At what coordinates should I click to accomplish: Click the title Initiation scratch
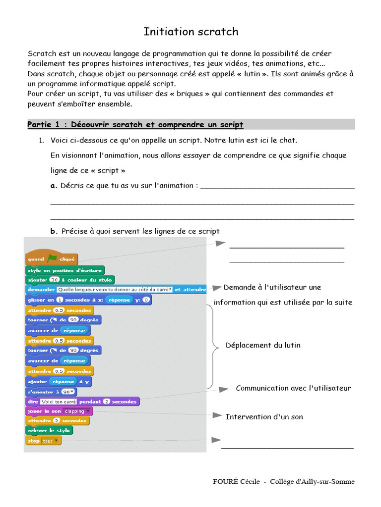[x=190, y=32]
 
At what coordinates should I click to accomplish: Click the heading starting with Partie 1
[x=135, y=124]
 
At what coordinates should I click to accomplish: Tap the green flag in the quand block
[x=52, y=258]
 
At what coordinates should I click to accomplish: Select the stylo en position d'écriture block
[x=64, y=270]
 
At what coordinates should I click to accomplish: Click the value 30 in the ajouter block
[x=54, y=280]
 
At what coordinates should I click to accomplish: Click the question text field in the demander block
[x=114, y=290]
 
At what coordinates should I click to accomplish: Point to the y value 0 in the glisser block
[x=147, y=300]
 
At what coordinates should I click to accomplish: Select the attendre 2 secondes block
[x=58, y=421]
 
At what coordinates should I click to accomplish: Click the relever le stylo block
[x=49, y=431]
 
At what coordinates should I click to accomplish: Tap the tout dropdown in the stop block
[x=50, y=441]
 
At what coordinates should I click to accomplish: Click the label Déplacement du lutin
[x=263, y=345]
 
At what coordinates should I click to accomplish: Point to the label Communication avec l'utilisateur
[x=293, y=388]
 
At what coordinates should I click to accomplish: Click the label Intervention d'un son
[x=264, y=417]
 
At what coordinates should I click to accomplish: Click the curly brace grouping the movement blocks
[x=214, y=345]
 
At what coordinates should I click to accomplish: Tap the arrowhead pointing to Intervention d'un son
[x=217, y=415]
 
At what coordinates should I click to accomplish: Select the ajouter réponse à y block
[x=58, y=382]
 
